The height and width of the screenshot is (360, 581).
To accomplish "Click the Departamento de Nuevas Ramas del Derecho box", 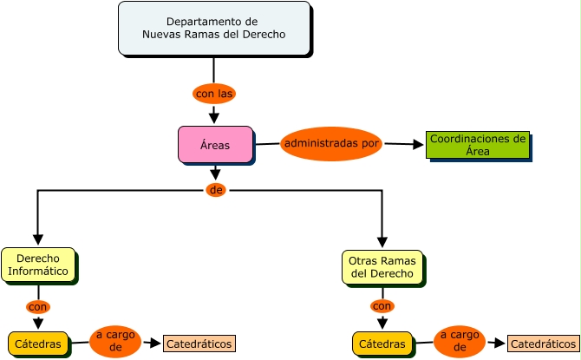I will point(213,29).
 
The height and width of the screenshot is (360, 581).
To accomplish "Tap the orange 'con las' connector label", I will point(213,93).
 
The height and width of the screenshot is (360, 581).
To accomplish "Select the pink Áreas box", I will point(215,145).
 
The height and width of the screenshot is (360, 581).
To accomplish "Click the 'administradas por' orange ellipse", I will point(331,143).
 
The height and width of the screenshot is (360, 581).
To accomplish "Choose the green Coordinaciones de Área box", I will point(477,145).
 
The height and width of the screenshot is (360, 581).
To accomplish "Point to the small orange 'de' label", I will point(216,190).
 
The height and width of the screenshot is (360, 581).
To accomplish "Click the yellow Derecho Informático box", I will point(38,265).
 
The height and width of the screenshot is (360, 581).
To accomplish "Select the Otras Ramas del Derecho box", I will point(382,267).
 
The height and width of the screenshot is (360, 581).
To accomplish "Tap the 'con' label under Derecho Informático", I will point(38,306).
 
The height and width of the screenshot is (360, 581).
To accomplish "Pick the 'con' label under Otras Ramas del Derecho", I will point(382,305).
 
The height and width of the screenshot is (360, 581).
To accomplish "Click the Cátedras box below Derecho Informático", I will point(38,344).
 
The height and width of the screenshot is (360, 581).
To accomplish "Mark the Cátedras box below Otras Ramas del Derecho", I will point(382,344).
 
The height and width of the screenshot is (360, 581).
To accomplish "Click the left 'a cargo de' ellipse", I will point(115,342).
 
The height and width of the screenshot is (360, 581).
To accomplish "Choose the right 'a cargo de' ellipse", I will point(460,342).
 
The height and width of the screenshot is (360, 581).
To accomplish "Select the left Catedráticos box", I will point(199,344).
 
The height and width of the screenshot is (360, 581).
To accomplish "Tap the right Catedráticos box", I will point(543,344).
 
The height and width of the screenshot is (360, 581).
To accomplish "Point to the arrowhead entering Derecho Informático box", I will point(38,240).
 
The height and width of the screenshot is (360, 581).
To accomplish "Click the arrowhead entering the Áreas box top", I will point(214,118).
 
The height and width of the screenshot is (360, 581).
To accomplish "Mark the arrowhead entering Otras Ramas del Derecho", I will point(382,243).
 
